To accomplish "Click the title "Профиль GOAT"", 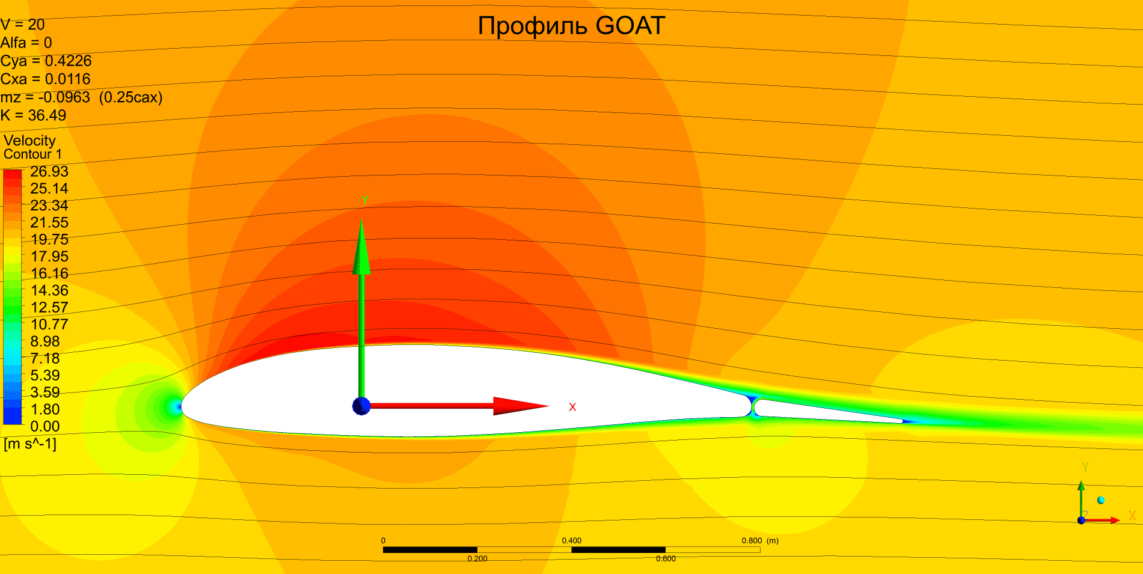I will pyautogui.click(x=571, y=26).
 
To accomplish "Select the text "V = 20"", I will pyautogui.click(x=23, y=25).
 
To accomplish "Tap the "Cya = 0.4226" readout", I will pyautogui.click(x=46, y=61).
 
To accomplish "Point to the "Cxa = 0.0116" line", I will pyautogui.click(x=45, y=79).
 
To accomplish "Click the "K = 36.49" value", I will pyautogui.click(x=33, y=115).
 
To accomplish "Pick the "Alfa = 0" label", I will pyautogui.click(x=26, y=43).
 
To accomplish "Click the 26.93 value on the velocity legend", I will pyautogui.click(x=49, y=172).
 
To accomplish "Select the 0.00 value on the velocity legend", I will pyautogui.click(x=45, y=427).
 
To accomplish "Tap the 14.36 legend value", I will pyautogui.click(x=49, y=291).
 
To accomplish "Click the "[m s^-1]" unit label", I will pyautogui.click(x=30, y=444).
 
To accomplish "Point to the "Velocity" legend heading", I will pyautogui.click(x=29, y=141).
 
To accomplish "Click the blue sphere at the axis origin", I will pyautogui.click(x=361, y=406).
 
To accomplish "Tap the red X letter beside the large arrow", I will pyautogui.click(x=572, y=408).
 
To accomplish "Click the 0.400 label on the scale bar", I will pyautogui.click(x=571, y=541).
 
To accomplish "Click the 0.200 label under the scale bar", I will pyautogui.click(x=477, y=559).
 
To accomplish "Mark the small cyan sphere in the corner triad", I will pyautogui.click(x=1101, y=500).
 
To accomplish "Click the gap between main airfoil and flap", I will pyautogui.click(x=753, y=407).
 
